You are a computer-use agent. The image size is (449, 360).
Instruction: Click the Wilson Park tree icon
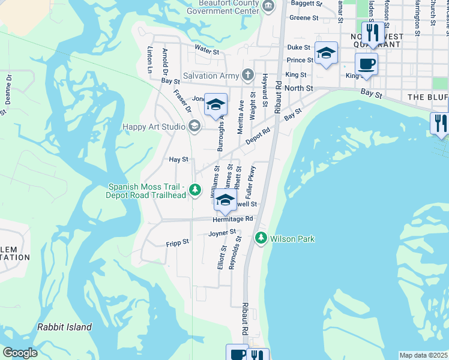261,238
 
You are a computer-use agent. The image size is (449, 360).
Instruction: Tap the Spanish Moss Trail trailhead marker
195,190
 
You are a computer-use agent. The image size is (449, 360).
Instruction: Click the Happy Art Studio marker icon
194,126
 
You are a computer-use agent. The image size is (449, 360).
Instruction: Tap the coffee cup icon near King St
366,64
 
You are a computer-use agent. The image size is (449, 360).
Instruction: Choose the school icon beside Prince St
326,53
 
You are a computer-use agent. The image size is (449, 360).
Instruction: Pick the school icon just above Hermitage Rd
225,200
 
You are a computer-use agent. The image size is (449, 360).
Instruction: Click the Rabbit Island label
64,327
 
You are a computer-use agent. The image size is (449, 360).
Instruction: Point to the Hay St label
179,160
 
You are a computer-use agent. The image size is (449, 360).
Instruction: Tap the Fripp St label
177,242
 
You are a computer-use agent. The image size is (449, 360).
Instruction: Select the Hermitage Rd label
232,220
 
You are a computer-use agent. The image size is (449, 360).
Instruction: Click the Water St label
206,51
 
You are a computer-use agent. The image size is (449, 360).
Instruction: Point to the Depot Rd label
259,134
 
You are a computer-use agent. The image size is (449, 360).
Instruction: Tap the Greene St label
300,18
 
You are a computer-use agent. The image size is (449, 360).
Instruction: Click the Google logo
20,353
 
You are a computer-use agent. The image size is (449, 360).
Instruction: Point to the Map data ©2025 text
423,355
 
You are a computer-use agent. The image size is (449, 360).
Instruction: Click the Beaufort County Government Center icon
269,7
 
